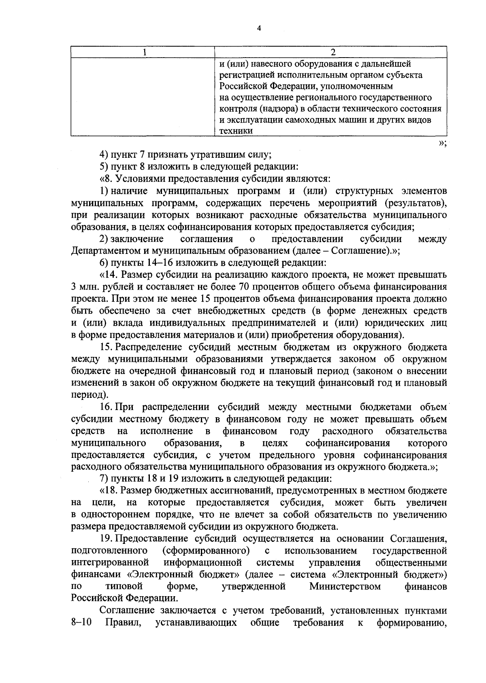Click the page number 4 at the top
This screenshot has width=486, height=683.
tap(259, 28)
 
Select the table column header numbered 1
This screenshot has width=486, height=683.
tap(143, 52)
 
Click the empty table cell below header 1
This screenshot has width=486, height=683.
tap(143, 97)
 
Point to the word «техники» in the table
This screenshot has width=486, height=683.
tap(236, 131)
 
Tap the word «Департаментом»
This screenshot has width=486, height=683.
tap(103, 251)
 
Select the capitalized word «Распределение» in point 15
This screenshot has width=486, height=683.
tap(145, 347)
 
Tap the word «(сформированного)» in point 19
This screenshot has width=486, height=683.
tap(205, 551)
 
